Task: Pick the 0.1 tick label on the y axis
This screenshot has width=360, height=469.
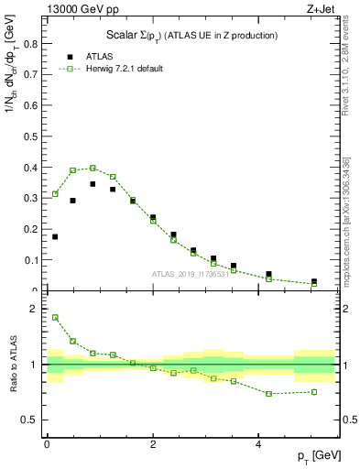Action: pos(33,260)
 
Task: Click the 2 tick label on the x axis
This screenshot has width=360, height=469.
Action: pos(153,443)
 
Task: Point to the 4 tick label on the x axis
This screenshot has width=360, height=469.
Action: pos(259,443)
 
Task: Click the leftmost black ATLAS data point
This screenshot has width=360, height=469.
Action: pos(55,236)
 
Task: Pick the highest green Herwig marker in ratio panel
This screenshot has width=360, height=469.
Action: pos(55,318)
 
